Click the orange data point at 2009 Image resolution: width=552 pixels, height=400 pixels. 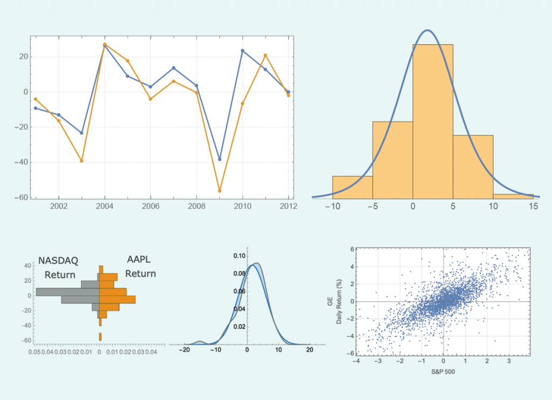(219, 191)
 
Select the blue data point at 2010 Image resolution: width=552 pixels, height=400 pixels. (242, 51)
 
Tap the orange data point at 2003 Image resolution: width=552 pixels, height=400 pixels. (81, 161)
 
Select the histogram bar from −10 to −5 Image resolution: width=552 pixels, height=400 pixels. (353, 187)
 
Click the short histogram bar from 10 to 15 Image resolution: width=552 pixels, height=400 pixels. (513, 196)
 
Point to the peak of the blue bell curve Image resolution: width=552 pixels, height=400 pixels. (427, 30)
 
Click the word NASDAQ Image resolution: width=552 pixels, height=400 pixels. (58, 261)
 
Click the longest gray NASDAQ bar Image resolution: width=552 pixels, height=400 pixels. (67, 292)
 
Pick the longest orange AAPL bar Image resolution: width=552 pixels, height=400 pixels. (118, 299)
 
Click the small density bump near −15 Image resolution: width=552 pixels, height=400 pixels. (199, 342)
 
